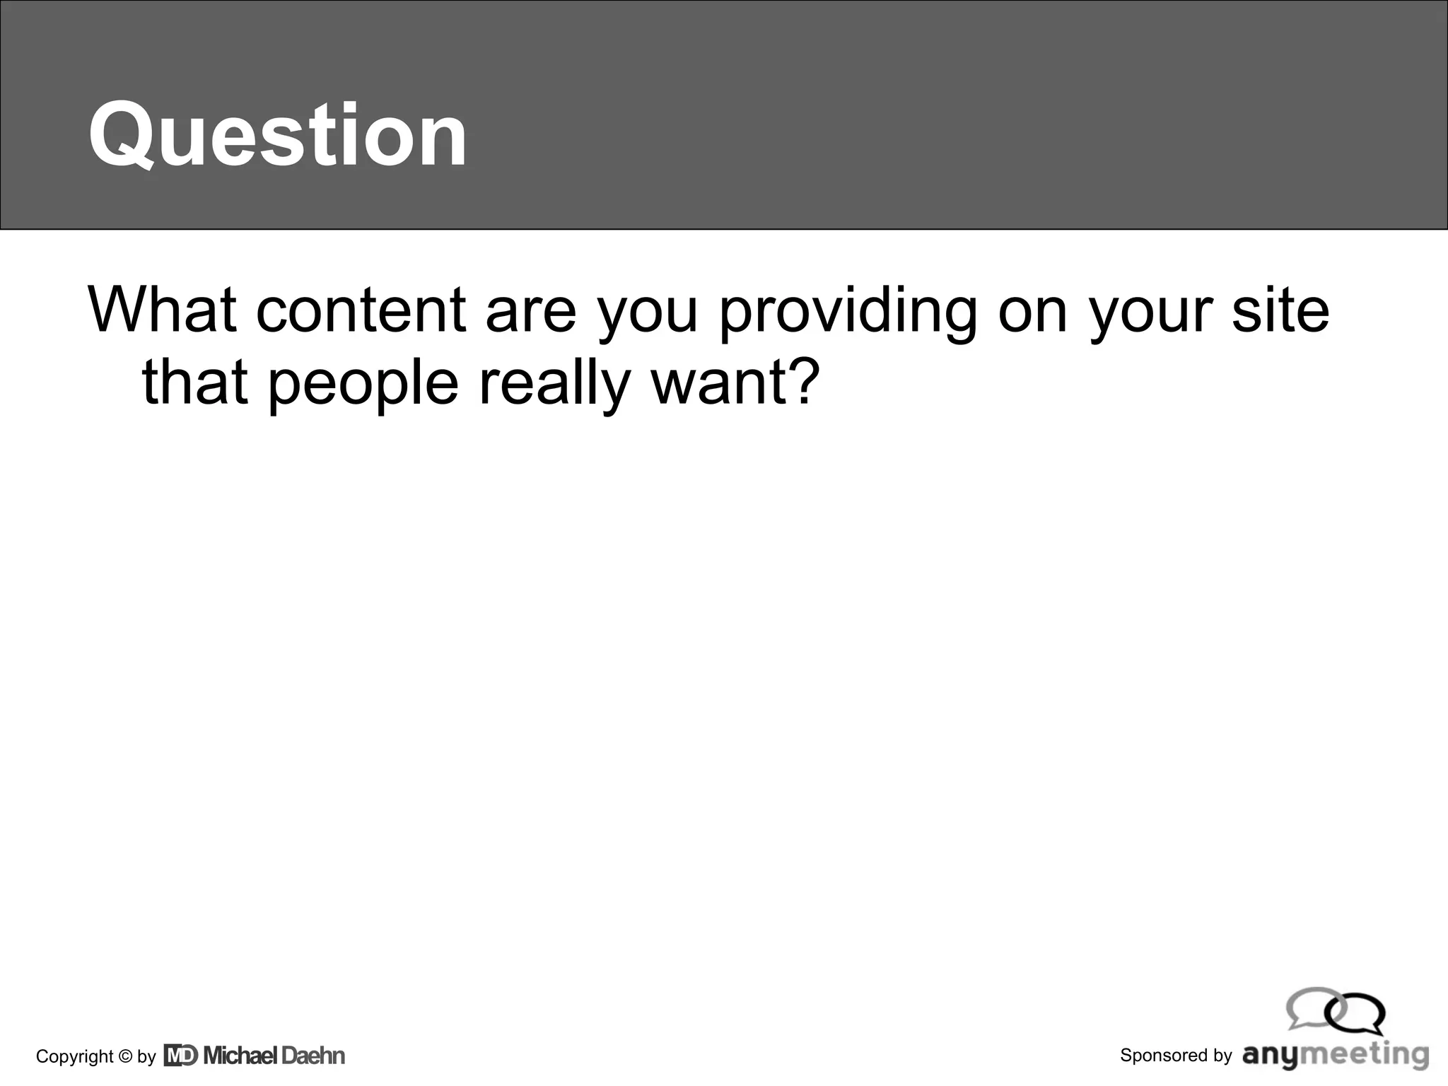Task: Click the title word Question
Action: pos(277,134)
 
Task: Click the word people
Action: pos(363,384)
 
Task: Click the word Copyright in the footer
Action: pos(74,1056)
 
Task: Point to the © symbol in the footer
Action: pos(125,1056)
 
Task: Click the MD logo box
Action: pos(180,1056)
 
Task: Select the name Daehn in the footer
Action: pos(313,1056)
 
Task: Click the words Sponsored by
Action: pos(1176,1056)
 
